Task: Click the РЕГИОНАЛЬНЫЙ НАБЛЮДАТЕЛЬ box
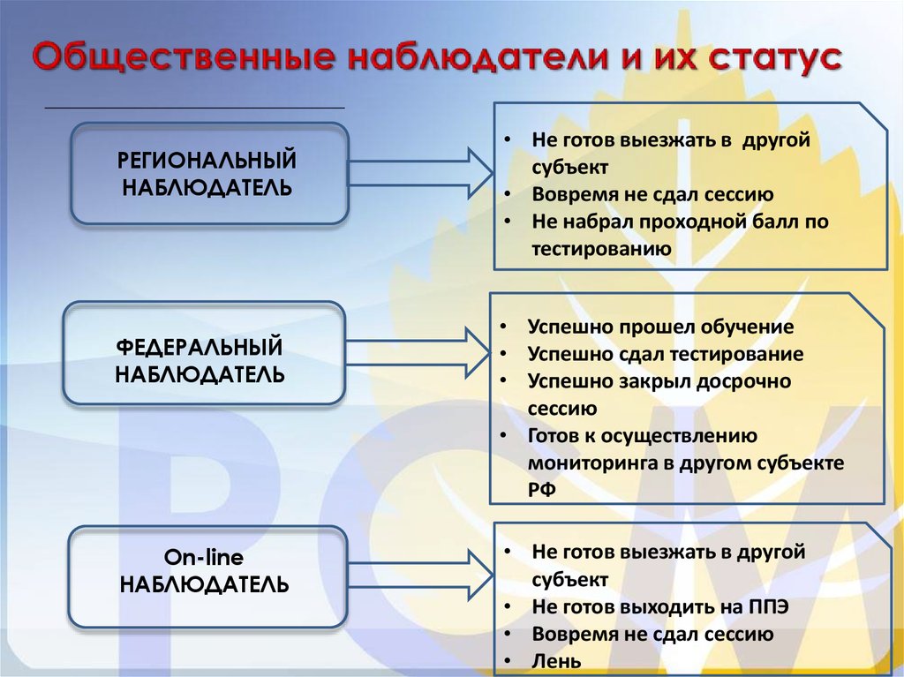coord(208,173)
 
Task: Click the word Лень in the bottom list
coord(557,660)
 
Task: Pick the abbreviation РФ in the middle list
coord(542,490)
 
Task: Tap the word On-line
coord(204,558)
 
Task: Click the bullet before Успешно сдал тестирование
coord(503,354)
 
